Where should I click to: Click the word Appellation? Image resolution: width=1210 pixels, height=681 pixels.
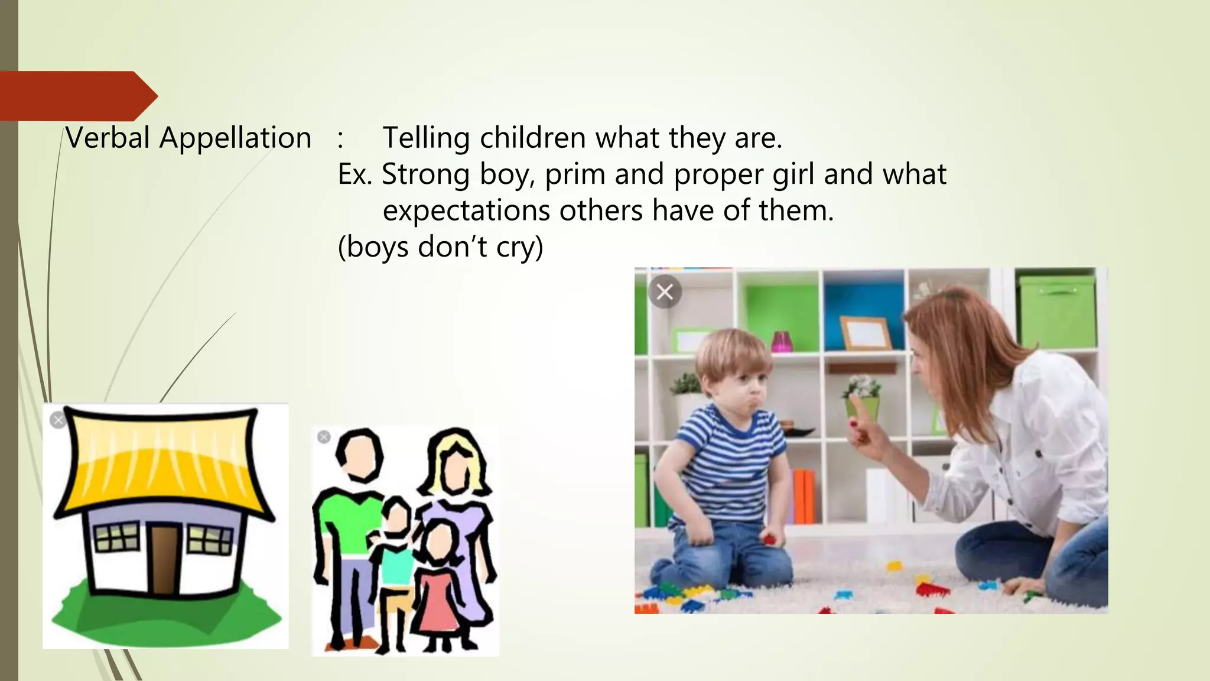coord(235,138)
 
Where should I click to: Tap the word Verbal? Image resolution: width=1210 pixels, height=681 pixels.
coord(108,138)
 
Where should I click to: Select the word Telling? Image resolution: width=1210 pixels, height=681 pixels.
coord(426,138)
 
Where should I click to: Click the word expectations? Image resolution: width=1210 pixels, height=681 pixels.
coord(466,210)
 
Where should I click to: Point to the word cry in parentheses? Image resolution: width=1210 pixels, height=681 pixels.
coord(513,247)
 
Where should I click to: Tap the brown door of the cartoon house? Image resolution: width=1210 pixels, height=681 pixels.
coord(164,559)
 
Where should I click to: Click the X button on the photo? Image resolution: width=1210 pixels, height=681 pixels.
coord(665,291)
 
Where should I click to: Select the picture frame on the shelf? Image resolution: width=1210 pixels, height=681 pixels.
coord(866,332)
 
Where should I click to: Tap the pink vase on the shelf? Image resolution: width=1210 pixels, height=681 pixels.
coord(782,341)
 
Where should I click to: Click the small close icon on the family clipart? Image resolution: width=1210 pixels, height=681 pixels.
coord(324,437)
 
